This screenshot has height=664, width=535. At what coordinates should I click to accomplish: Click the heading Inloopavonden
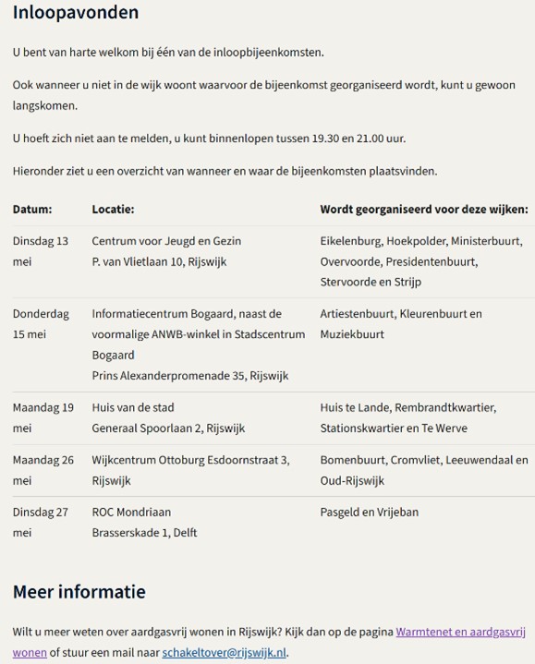pyautogui.click(x=76, y=13)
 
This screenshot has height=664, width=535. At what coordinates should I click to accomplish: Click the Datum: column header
pyautogui.click(x=32, y=210)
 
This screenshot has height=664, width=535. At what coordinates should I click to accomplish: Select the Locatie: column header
pyautogui.click(x=113, y=210)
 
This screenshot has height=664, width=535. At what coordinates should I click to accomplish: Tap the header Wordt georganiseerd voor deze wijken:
pyautogui.click(x=424, y=210)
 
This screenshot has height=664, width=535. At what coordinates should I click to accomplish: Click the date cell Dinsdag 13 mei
pyautogui.click(x=40, y=251)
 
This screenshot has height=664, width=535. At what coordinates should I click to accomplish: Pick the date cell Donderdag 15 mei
pyautogui.click(x=42, y=324)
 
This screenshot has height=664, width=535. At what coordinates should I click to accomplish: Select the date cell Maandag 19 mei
pyautogui.click(x=43, y=417)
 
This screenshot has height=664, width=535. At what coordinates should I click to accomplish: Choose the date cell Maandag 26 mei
pyautogui.click(x=43, y=470)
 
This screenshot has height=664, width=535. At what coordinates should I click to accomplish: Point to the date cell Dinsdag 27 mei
pyautogui.click(x=40, y=522)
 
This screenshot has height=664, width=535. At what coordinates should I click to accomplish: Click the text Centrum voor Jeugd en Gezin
pyautogui.click(x=166, y=241)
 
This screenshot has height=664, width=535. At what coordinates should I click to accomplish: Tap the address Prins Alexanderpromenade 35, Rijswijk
pyautogui.click(x=190, y=376)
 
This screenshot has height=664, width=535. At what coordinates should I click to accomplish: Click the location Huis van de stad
pyautogui.click(x=133, y=407)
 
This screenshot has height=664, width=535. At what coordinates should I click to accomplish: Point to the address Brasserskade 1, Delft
pyautogui.click(x=144, y=532)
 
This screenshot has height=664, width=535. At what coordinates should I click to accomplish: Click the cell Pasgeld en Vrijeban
pyautogui.click(x=370, y=512)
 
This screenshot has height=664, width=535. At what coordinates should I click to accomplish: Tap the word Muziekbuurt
pyautogui.click(x=352, y=334)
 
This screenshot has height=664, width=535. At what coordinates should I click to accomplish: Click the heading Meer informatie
pyautogui.click(x=79, y=592)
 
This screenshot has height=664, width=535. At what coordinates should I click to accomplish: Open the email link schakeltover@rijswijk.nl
pyautogui.click(x=224, y=652)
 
